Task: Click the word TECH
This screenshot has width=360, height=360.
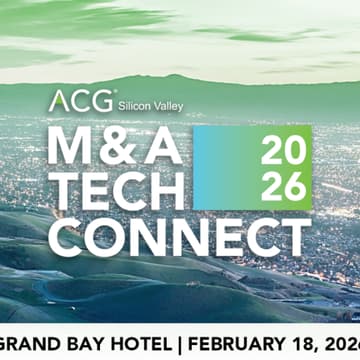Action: tap(117, 189)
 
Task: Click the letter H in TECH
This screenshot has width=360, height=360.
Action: tap(165, 189)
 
